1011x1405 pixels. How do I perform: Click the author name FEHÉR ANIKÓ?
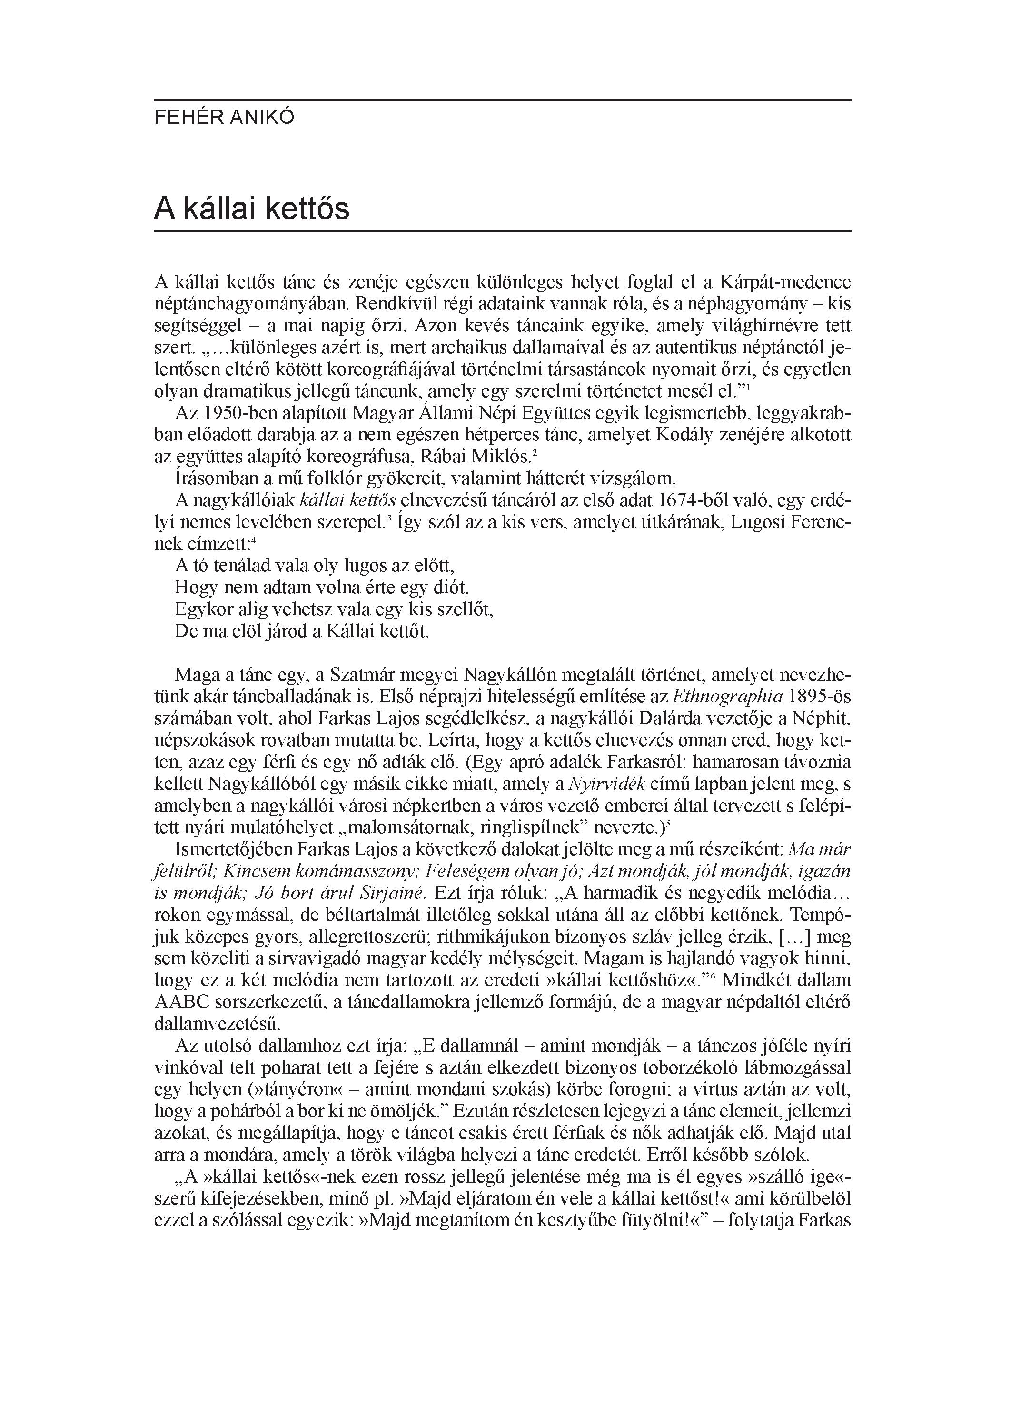[224, 118]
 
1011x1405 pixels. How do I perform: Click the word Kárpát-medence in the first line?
[785, 282]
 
